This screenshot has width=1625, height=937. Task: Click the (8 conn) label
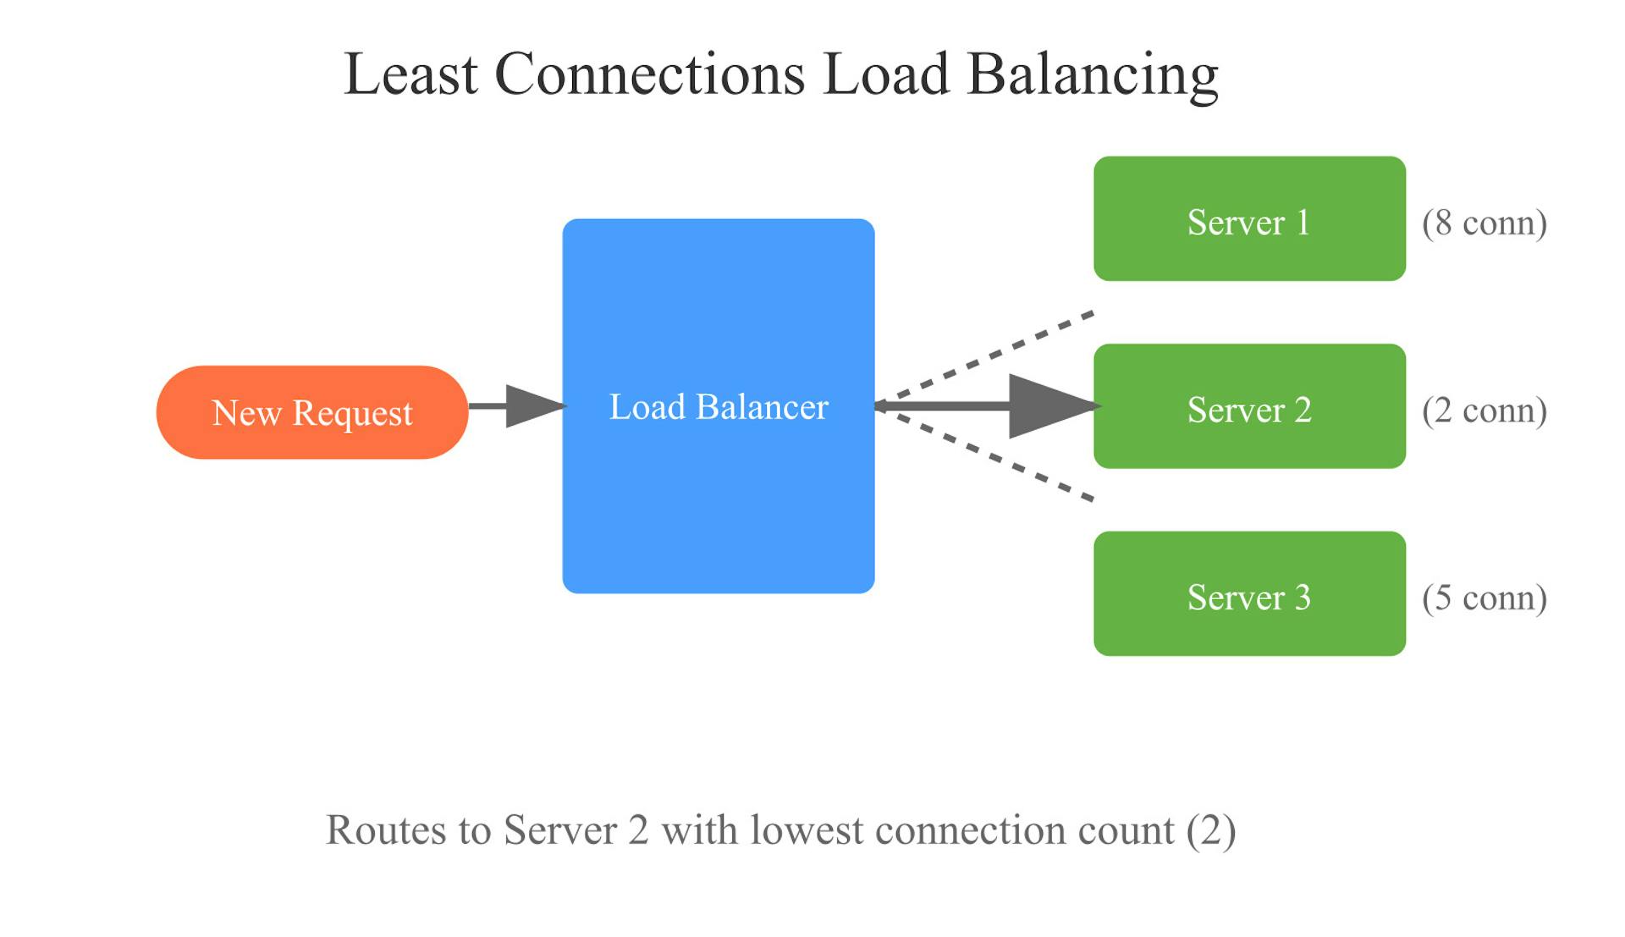[1485, 223]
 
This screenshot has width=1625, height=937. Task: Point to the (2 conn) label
[1485, 411]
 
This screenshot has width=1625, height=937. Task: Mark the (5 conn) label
[1485, 598]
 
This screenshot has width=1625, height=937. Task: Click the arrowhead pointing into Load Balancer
[533, 406]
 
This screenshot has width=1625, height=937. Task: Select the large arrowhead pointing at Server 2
[1049, 406]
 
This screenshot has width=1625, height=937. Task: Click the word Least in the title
[410, 74]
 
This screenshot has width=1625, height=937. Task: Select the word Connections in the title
[649, 74]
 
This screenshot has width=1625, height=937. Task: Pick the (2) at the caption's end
[1211, 830]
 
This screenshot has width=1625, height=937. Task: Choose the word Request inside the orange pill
[352, 414]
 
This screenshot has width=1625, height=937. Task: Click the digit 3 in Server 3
[1303, 598]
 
